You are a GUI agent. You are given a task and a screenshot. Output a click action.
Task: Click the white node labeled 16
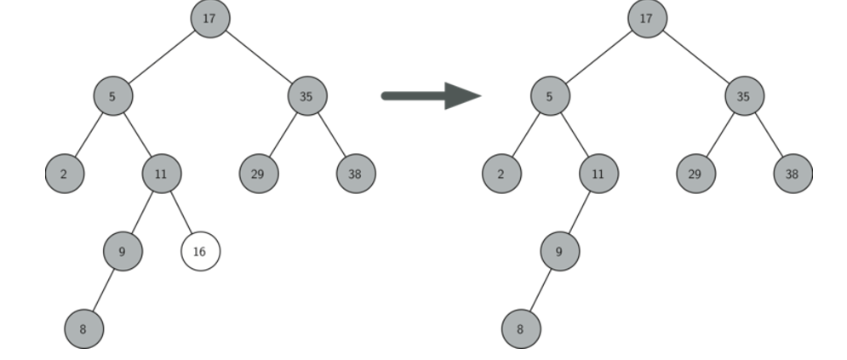[200, 252]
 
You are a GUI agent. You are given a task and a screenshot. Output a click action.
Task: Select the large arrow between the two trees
[431, 95]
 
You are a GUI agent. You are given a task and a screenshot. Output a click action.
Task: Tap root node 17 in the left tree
[209, 18]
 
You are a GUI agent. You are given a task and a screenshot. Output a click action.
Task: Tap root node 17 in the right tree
[647, 18]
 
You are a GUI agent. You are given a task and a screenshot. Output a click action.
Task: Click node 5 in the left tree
[112, 96]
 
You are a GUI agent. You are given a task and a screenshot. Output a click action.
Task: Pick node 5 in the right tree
[550, 96]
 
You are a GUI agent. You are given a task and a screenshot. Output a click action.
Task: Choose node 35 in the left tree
[306, 96]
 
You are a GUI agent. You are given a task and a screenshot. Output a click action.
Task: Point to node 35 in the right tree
[744, 96]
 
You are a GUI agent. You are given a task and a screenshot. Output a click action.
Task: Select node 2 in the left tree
[65, 174]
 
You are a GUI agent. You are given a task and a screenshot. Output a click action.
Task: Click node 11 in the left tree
[161, 174]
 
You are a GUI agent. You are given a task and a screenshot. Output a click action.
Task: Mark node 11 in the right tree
[598, 174]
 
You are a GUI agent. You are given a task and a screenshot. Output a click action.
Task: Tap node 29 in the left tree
[258, 174]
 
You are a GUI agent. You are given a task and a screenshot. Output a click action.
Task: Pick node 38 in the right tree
[793, 174]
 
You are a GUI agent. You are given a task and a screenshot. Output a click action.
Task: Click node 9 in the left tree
[123, 252]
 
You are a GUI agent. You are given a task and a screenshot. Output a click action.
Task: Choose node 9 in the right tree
[559, 252]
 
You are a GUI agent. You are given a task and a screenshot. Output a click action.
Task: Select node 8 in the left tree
[83, 329]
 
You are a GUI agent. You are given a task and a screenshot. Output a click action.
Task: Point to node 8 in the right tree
[521, 329]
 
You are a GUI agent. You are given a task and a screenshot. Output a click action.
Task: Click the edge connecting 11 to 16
[180, 213]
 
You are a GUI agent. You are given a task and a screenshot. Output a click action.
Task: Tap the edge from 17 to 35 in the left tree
[258, 57]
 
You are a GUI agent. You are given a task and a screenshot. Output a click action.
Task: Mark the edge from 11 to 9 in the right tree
[580, 213]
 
